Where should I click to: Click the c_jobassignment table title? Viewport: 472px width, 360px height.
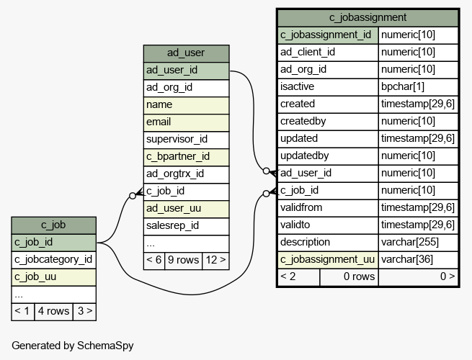[368, 18]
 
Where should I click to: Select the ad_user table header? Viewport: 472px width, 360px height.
[186, 53]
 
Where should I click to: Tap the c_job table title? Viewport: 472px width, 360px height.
[53, 225]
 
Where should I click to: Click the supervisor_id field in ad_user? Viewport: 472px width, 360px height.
[186, 140]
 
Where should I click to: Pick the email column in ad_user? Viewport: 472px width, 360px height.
[186, 122]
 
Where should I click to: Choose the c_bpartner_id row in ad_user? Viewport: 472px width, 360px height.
[186, 157]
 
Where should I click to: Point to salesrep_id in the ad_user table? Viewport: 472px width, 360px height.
[186, 226]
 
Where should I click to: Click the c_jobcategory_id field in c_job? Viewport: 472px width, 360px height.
[53, 260]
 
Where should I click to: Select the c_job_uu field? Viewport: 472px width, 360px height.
[53, 277]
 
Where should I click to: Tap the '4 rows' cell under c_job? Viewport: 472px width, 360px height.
[53, 312]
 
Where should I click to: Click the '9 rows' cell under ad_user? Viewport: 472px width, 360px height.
[183, 261]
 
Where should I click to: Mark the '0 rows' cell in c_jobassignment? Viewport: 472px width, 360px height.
[349, 277]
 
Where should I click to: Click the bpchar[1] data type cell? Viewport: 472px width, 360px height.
[418, 87]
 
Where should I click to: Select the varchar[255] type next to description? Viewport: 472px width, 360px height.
[418, 243]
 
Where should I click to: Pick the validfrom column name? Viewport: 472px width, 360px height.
[328, 208]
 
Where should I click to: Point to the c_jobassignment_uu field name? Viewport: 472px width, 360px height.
[328, 260]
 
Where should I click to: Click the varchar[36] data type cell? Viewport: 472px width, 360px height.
[418, 260]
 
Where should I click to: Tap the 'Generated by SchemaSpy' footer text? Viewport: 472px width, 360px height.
[73, 346]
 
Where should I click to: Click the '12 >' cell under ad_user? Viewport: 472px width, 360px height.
[215, 261]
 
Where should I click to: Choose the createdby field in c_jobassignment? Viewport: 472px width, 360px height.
[328, 122]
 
